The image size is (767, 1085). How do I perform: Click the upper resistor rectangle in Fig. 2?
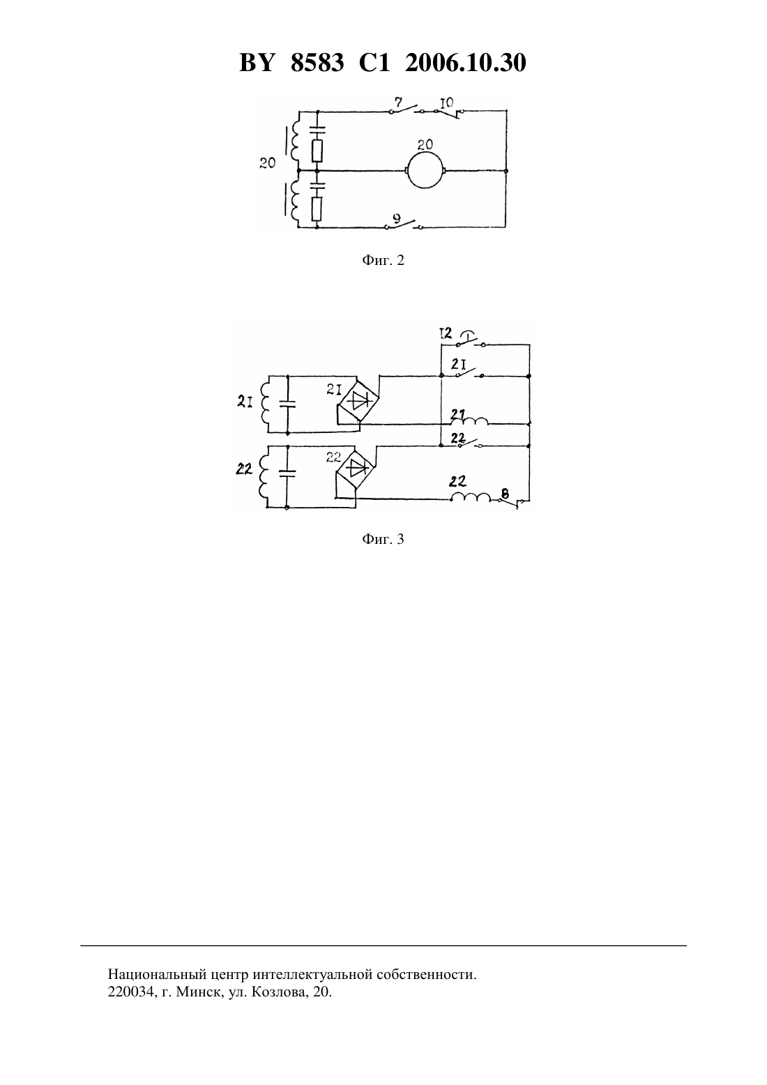tap(317, 151)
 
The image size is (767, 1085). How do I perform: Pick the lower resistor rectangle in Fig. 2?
tap(317, 208)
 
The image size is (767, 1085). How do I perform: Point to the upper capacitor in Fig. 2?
tap(317, 129)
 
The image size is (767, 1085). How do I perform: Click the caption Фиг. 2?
tap(383, 261)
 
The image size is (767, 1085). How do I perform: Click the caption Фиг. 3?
tap(383, 539)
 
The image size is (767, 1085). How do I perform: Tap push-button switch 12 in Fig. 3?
tap(471, 340)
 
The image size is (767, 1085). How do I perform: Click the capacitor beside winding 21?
tap(287, 404)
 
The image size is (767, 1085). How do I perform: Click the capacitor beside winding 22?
tap(287, 472)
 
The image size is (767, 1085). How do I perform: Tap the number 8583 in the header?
tap(317, 63)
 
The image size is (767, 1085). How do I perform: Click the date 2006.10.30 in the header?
tap(465, 63)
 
